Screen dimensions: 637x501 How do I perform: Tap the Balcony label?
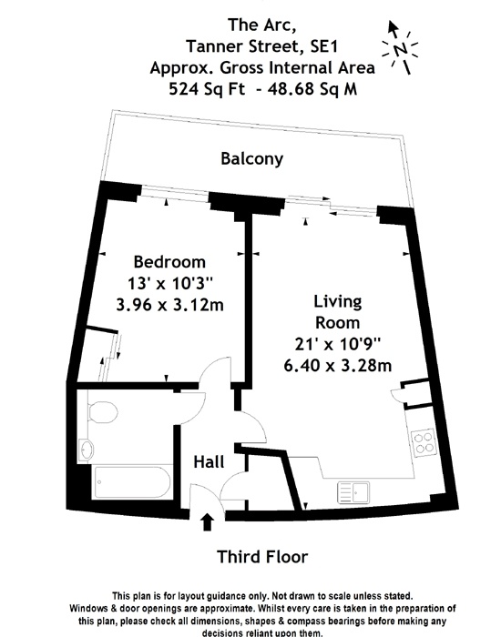(252, 159)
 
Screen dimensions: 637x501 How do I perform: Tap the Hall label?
(209, 462)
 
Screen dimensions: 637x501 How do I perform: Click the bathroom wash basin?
(87, 449)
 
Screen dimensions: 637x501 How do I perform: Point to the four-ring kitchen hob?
(424, 442)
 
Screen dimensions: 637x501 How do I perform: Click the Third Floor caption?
(262, 556)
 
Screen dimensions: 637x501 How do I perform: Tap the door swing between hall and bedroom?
(212, 376)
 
